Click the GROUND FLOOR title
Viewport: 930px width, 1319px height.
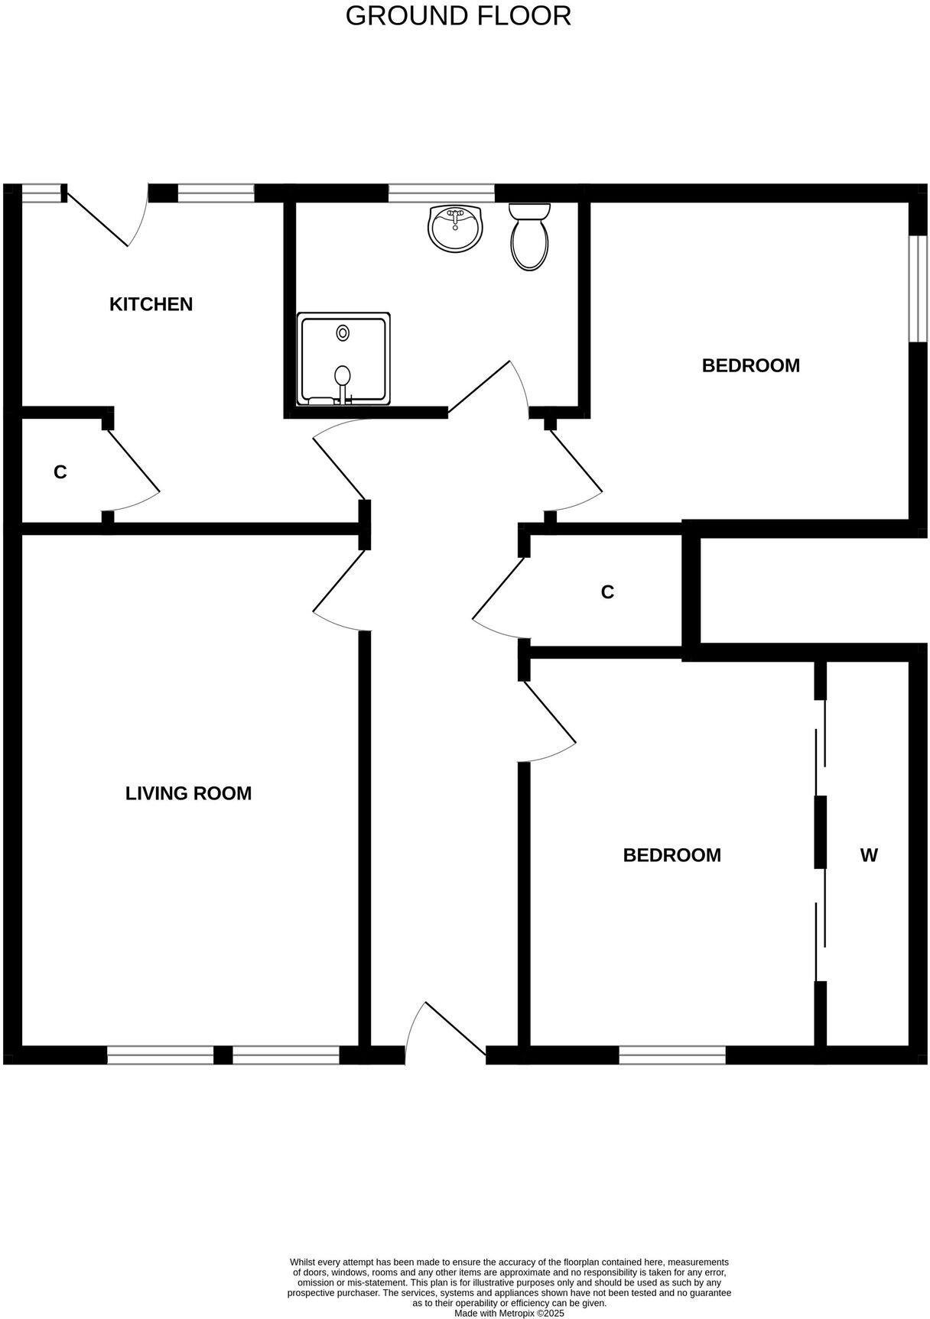point(458,16)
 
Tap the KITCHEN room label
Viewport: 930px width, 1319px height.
point(151,304)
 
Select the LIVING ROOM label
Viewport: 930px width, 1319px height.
point(188,793)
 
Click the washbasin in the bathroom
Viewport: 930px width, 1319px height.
point(455,227)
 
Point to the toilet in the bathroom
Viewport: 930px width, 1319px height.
point(529,236)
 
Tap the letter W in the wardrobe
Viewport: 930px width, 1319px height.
point(869,855)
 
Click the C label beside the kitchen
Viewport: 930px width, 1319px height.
point(60,472)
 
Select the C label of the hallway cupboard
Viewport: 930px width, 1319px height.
point(607,592)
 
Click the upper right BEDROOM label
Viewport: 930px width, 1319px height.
point(750,365)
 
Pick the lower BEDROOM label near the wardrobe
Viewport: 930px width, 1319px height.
point(671,855)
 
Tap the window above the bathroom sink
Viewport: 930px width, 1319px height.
point(441,193)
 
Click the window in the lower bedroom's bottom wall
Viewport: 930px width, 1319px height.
point(671,1055)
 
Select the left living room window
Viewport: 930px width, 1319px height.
point(160,1055)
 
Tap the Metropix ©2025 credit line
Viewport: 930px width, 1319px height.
point(509,1313)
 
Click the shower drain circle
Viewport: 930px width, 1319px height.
point(343,333)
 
